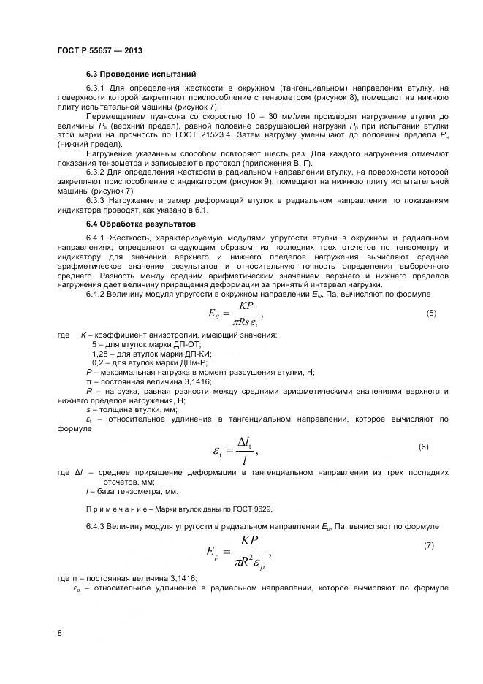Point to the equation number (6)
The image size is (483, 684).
(423, 446)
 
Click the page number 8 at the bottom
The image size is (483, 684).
(59, 634)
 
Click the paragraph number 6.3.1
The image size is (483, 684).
(96, 88)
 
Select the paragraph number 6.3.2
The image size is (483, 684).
(96, 172)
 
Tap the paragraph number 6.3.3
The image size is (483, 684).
(96, 199)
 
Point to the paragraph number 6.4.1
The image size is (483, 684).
(96, 238)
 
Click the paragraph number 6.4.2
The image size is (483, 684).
(96, 293)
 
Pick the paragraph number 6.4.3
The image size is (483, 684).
(96, 526)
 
